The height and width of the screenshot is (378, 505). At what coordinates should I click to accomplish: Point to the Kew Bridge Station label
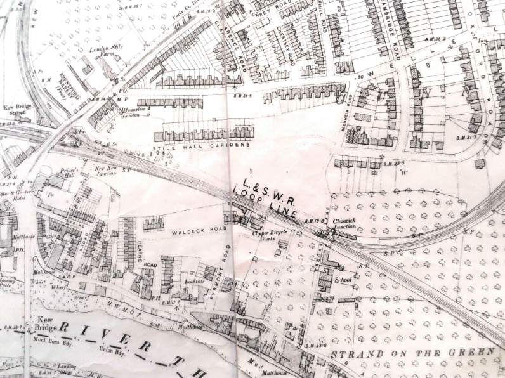pyautogui.click(x=17, y=109)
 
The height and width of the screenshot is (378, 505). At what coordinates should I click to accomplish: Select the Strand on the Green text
pyautogui.click(x=412, y=353)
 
